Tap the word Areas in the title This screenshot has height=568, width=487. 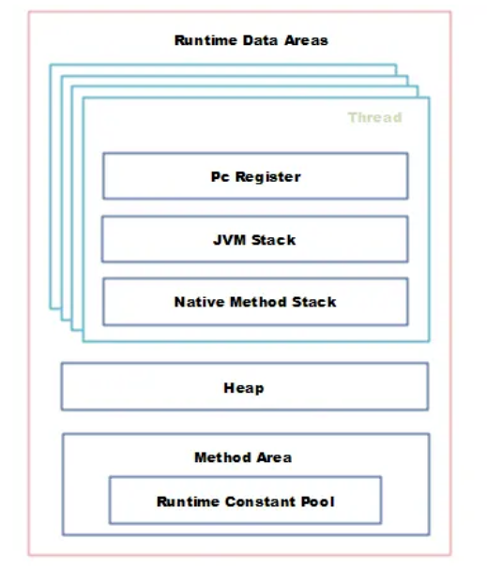[x=306, y=40]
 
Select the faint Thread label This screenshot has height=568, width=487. [x=375, y=117]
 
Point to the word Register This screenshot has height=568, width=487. [x=268, y=177]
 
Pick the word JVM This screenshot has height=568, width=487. [x=229, y=240]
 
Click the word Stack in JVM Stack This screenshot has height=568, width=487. [x=273, y=240]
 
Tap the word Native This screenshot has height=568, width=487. [x=199, y=302]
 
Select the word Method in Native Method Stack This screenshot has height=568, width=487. [x=258, y=302]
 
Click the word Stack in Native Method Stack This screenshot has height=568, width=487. [x=314, y=302]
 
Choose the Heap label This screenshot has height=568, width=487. [x=244, y=388]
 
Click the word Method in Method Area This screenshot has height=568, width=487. [x=222, y=457]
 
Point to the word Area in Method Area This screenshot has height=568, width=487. [x=274, y=457]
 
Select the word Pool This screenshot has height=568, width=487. [x=318, y=501]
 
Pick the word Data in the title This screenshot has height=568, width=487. [x=260, y=40]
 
